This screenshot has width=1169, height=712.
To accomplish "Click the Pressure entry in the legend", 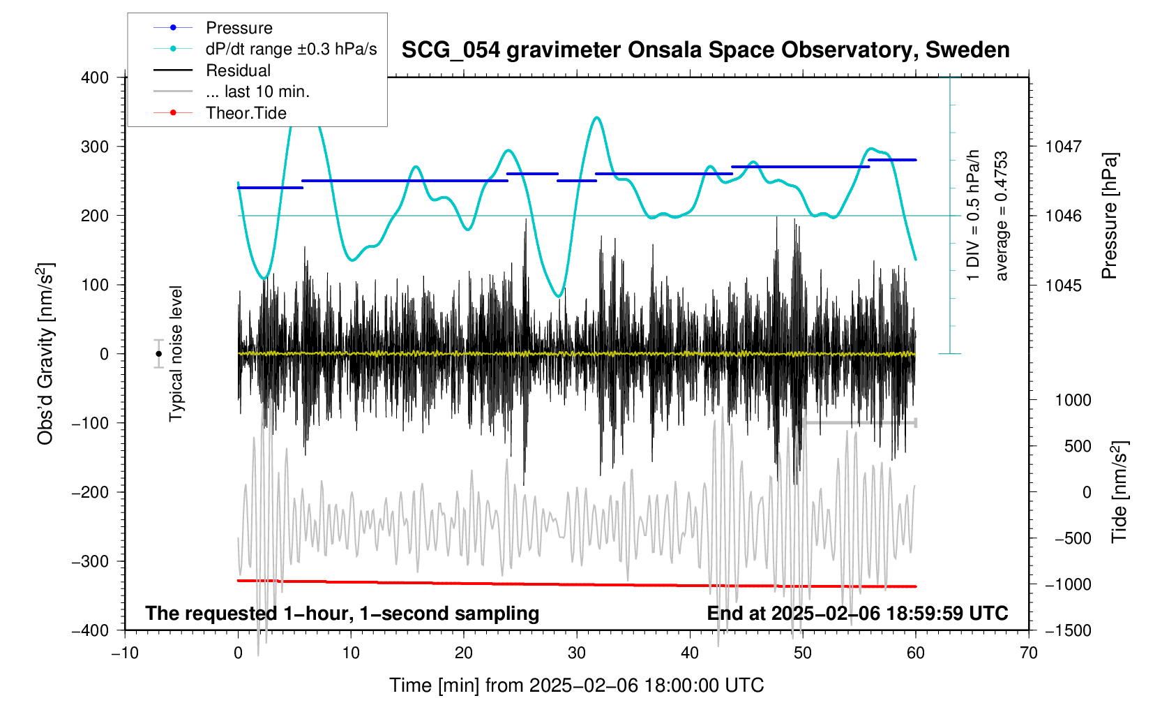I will pyautogui.click(x=239, y=28).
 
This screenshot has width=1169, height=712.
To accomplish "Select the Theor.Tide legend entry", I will pyautogui.click(x=246, y=113).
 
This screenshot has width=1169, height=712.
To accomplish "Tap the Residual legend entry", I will pyautogui.click(x=238, y=71).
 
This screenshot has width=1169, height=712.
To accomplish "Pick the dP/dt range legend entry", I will pyautogui.click(x=291, y=49).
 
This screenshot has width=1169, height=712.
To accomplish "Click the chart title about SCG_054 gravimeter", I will pyautogui.click(x=705, y=50).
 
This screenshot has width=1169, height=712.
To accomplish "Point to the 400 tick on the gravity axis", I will pyautogui.click(x=95, y=77).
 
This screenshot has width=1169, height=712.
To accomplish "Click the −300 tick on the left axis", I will pyautogui.click(x=91, y=561).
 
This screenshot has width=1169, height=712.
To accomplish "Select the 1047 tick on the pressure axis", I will pyautogui.click(x=1062, y=147).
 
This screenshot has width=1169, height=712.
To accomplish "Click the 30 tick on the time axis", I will pyautogui.click(x=577, y=653).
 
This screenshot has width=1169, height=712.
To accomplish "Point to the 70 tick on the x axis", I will pyautogui.click(x=1028, y=653).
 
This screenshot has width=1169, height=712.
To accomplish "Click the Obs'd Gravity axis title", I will pyautogui.click(x=45, y=354).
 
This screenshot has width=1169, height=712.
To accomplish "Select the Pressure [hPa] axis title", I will pyautogui.click(x=1109, y=216).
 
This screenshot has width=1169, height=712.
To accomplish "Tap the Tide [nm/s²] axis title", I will pyautogui.click(x=1119, y=492).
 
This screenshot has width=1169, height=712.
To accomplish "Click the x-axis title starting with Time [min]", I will pyautogui.click(x=576, y=685).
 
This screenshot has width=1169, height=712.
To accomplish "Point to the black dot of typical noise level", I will pyautogui.click(x=159, y=354).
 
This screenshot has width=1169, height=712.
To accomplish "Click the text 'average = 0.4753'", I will pyautogui.click(x=1002, y=216).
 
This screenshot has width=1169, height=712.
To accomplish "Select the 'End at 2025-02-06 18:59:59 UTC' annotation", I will pyautogui.click(x=857, y=614).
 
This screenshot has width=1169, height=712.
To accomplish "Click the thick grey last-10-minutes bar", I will pyautogui.click(x=859, y=422).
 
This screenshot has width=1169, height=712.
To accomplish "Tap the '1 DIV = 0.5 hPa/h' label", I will pyautogui.click(x=974, y=216).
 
